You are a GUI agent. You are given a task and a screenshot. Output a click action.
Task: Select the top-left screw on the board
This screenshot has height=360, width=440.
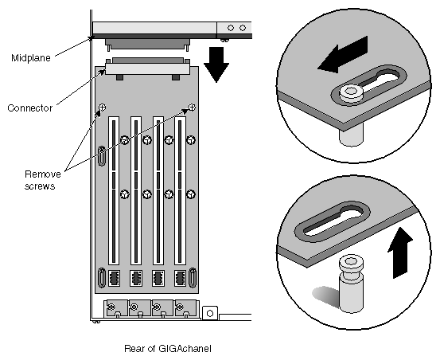[103, 107]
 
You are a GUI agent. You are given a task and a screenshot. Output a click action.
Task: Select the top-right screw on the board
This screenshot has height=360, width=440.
[192, 107]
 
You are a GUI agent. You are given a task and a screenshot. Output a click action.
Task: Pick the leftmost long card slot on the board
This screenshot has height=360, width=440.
[113, 191]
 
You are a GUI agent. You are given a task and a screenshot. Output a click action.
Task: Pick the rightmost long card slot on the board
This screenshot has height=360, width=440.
[180, 191]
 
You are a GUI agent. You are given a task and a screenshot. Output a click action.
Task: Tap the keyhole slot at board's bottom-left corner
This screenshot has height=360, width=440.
[102, 280]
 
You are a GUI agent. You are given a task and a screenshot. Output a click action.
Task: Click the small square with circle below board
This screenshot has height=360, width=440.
[210, 313]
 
